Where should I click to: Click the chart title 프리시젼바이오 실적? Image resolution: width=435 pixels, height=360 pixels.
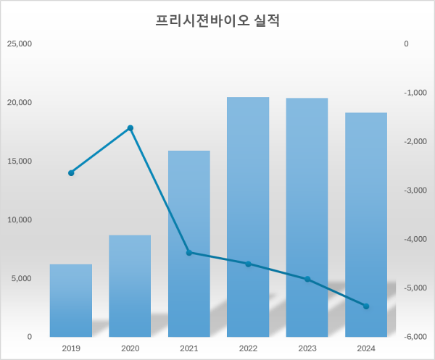217,21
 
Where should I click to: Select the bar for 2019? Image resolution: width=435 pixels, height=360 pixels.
71,301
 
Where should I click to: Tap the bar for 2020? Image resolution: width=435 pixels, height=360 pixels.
130,286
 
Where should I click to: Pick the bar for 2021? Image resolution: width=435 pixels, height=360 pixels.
189,244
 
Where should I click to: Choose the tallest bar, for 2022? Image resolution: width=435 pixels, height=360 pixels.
248,217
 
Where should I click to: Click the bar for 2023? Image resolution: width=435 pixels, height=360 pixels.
307,217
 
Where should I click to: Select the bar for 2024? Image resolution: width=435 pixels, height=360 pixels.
366,225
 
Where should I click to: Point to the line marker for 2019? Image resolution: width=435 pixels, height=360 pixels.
71,173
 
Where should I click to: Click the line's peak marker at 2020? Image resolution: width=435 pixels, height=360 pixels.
130,128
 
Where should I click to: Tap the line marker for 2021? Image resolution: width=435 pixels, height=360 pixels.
189,253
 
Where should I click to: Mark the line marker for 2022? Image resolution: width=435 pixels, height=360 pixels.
248,264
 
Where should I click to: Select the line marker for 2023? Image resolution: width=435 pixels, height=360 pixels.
307,280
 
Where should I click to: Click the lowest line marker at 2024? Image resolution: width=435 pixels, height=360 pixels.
366,306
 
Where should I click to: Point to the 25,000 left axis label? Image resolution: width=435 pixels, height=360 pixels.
20,43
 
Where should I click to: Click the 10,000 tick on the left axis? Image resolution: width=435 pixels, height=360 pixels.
20,219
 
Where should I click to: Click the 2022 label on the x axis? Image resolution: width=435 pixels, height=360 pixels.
248,349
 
